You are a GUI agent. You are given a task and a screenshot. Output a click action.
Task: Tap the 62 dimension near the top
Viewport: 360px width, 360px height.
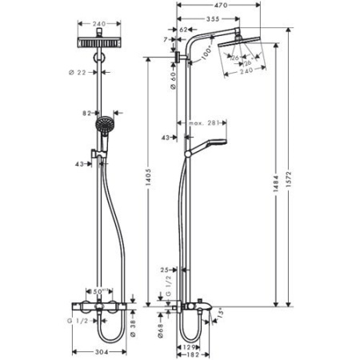[183, 30]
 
